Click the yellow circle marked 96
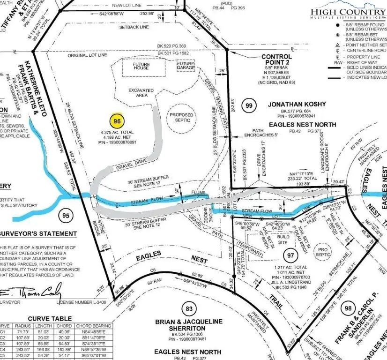point(117,121)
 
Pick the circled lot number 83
point(189,309)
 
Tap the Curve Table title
point(50,319)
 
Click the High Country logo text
point(348,12)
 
